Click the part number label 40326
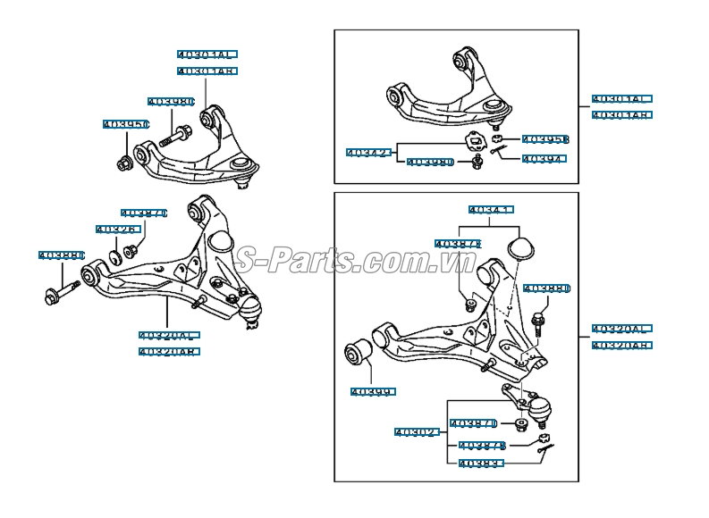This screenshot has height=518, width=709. (x=116, y=230)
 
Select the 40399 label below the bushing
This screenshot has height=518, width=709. (x=372, y=391)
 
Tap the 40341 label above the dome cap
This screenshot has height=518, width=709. (x=490, y=211)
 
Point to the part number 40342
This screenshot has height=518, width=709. (x=369, y=153)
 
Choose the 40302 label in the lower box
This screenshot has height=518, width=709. (x=417, y=432)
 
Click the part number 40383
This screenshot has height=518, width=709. (x=481, y=464)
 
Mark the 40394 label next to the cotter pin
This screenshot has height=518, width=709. (x=543, y=159)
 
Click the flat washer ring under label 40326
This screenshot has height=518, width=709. (x=114, y=258)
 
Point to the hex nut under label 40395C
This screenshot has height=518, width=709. (x=125, y=163)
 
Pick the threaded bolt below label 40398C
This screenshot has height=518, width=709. (x=175, y=138)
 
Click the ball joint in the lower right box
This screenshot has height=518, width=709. (x=540, y=410)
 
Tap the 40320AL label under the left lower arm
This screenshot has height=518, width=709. (x=168, y=336)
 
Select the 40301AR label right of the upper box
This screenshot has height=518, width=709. (x=622, y=115)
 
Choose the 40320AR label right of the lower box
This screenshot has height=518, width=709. (x=622, y=345)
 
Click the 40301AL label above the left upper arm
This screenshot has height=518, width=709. (x=207, y=54)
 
